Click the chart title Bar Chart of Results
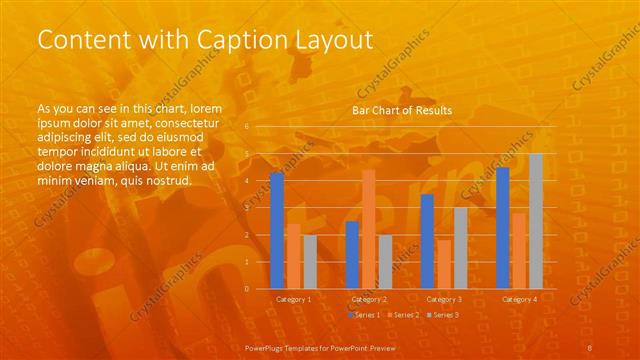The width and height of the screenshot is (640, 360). pyautogui.click(x=401, y=110)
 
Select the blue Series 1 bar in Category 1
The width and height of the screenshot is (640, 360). pyautogui.click(x=277, y=231)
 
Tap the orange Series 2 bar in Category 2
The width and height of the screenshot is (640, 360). pyautogui.click(x=369, y=229)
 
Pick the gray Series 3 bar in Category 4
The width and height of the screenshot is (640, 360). pyautogui.click(x=536, y=221)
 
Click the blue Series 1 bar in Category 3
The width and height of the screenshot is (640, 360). pyautogui.click(x=427, y=241)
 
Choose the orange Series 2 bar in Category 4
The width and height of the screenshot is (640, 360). pyautogui.click(x=519, y=250)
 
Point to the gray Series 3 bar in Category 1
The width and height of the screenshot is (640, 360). pyautogui.click(x=310, y=262)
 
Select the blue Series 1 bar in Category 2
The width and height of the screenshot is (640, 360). pyautogui.click(x=352, y=255)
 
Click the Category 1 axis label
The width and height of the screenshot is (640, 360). pyautogui.click(x=293, y=299)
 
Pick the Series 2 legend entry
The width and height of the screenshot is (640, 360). pyautogui.click(x=403, y=315)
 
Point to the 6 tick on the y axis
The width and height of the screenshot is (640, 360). pyautogui.click(x=247, y=127)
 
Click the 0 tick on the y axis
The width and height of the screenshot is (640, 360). pyautogui.click(x=247, y=289)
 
